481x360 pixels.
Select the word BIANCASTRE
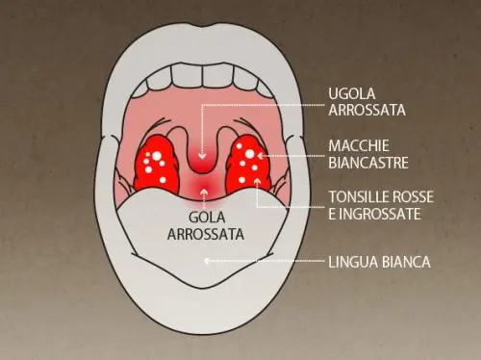point(368,161)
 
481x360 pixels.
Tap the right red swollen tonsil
point(246,164)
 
